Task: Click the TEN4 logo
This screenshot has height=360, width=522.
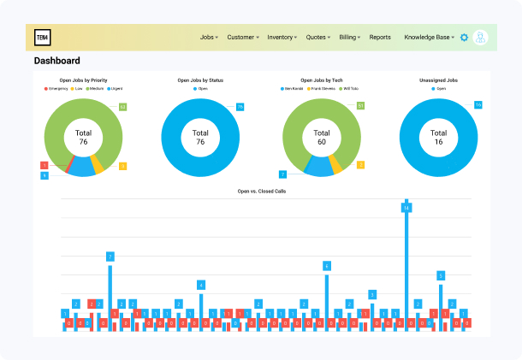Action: pyautogui.click(x=42, y=38)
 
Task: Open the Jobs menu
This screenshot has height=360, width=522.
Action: pyautogui.click(x=209, y=38)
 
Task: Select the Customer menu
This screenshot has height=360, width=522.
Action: pyautogui.click(x=243, y=38)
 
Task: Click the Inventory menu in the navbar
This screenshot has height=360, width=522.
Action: pyautogui.click(x=282, y=38)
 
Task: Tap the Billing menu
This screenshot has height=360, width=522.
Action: pyautogui.click(x=351, y=38)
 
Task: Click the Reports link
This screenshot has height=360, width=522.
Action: pyautogui.click(x=380, y=38)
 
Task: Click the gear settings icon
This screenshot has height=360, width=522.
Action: pyautogui.click(x=464, y=38)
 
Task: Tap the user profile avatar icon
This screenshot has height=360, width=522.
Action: pyautogui.click(x=481, y=38)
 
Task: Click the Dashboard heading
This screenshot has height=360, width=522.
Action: pyautogui.click(x=57, y=61)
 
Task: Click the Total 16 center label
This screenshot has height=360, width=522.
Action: pyautogui.click(x=438, y=137)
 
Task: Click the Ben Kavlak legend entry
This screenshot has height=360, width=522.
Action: pyautogui.click(x=294, y=88)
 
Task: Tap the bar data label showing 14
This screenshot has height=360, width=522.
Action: pyautogui.click(x=406, y=208)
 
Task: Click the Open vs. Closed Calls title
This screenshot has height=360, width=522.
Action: pyautogui.click(x=262, y=191)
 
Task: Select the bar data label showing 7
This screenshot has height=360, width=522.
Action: pyautogui.click(x=110, y=257)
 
